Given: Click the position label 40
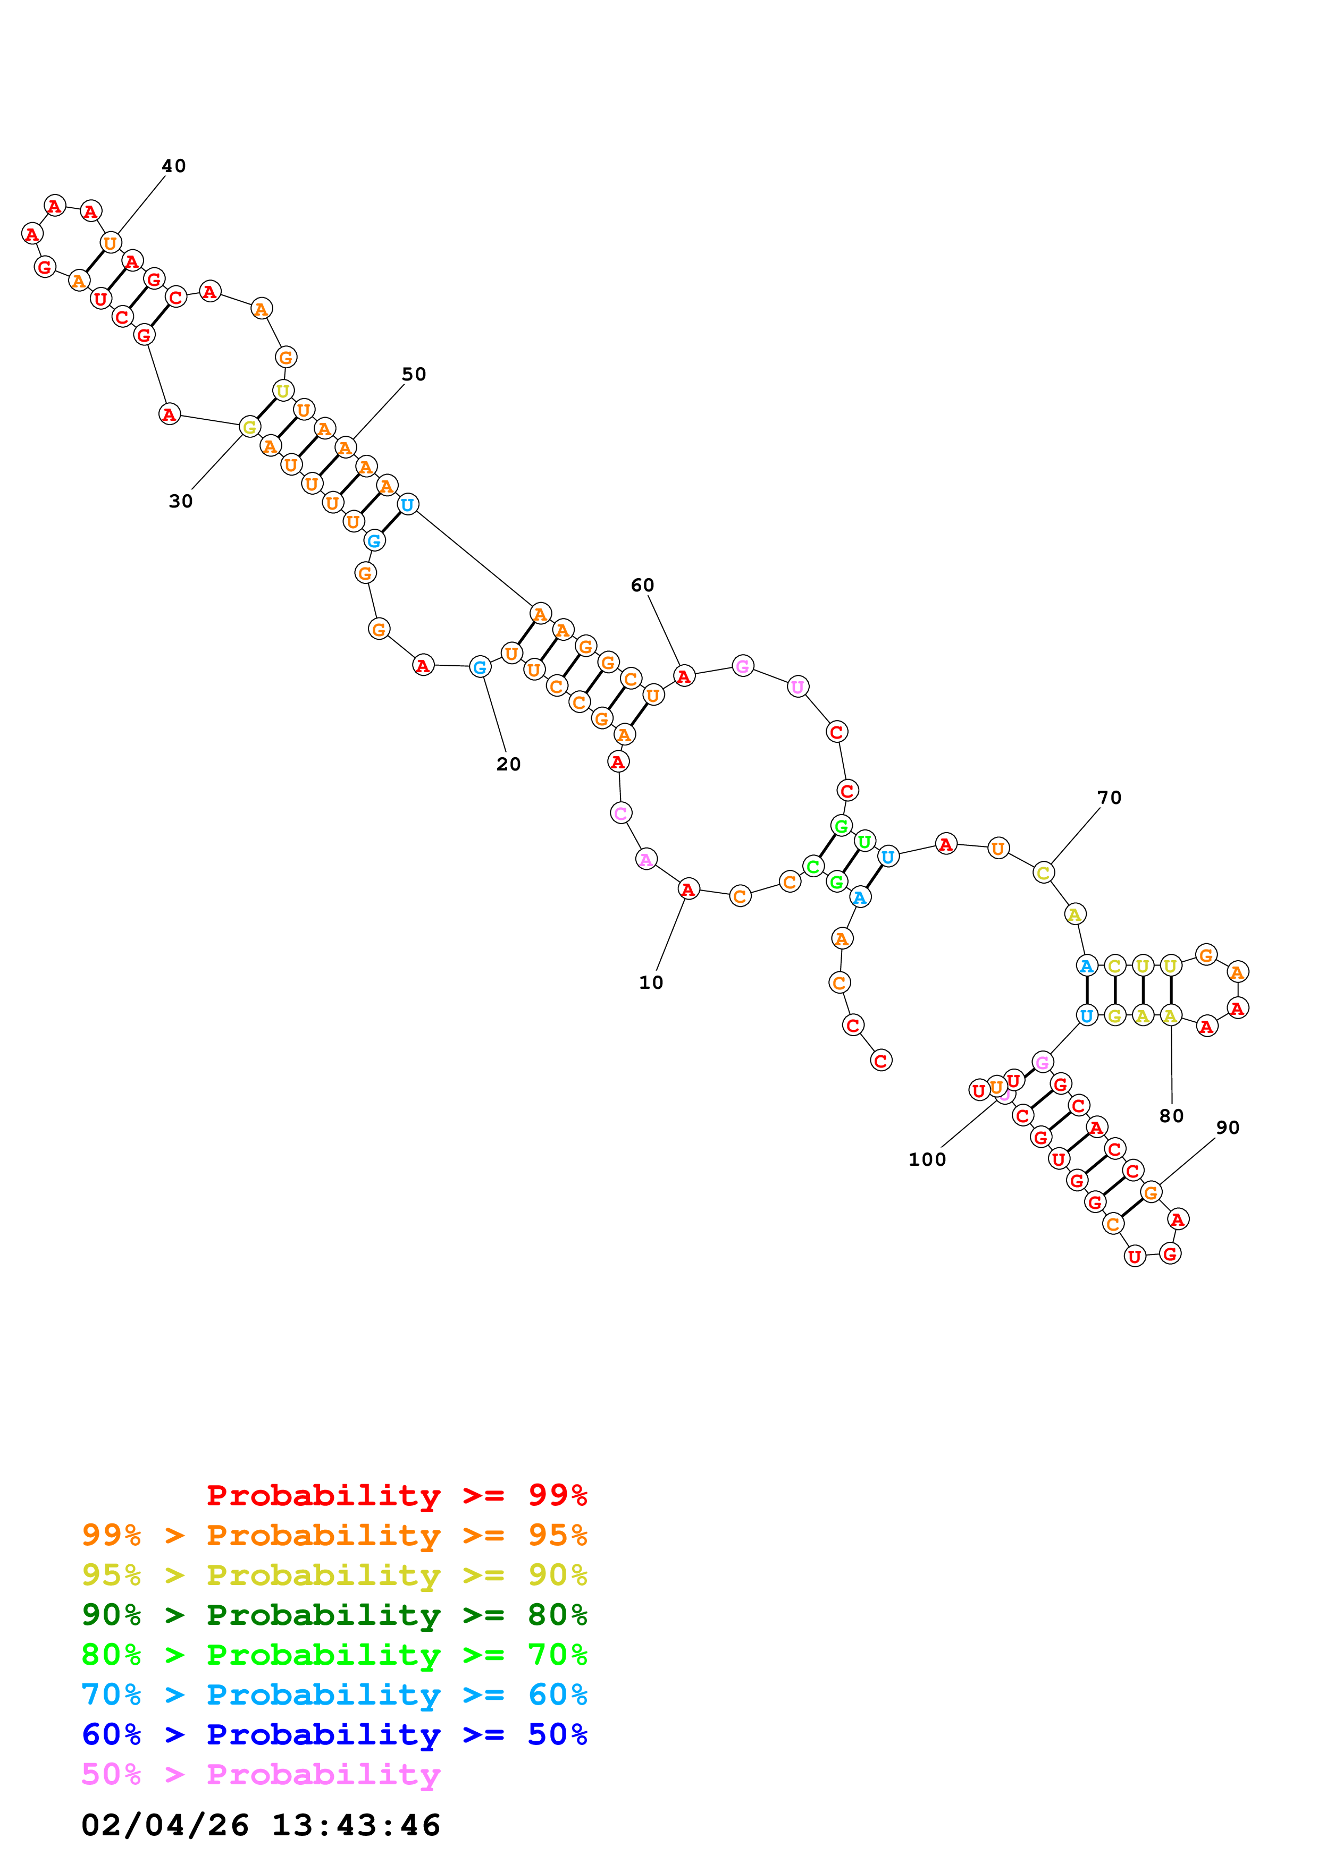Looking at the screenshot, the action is [x=174, y=166].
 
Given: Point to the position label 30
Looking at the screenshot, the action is [x=180, y=502].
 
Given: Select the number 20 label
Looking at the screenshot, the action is [x=508, y=765].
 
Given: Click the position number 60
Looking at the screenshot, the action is [x=642, y=586].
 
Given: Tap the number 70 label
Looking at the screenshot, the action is [x=1109, y=798].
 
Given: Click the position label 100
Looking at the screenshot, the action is [x=927, y=1159].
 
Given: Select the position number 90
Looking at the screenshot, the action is [x=1227, y=1128].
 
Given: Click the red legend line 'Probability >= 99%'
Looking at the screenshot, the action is [x=396, y=1495].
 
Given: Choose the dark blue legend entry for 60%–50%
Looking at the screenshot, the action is [x=334, y=1735].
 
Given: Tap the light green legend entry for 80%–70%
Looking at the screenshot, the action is [x=334, y=1655].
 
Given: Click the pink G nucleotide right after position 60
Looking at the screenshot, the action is [x=742, y=666].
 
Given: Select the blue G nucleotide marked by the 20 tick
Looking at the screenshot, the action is [x=480, y=667].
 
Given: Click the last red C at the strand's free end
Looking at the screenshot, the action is [x=881, y=1060].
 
